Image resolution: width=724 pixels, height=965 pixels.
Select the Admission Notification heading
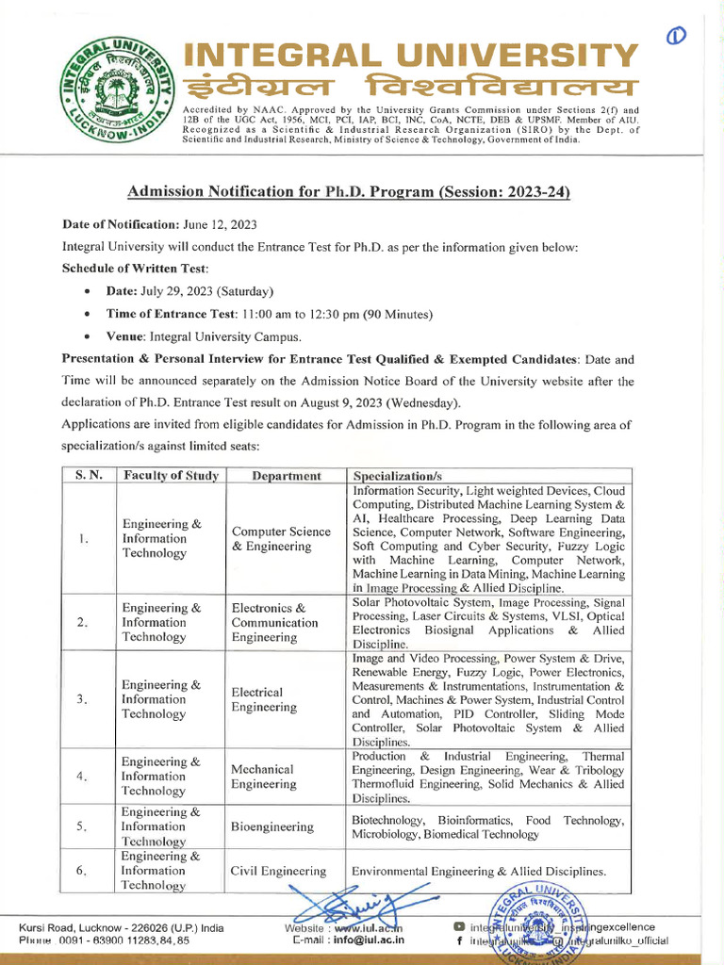coord(349,192)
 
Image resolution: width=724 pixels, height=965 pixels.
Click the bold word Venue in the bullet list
coord(125,336)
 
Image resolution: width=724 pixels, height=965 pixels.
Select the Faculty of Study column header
coord(171,476)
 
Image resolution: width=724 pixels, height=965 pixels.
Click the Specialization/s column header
coord(397,476)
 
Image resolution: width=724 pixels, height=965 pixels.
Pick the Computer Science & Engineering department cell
coord(281,539)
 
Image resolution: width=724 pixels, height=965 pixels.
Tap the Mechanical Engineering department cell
coord(264,777)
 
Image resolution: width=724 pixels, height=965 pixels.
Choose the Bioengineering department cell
coord(271,826)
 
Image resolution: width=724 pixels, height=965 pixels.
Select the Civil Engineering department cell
coord(279,872)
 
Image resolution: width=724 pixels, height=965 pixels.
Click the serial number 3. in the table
coord(83,698)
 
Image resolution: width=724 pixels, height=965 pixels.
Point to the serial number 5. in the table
coord(83,826)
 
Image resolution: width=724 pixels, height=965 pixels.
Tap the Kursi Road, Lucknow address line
coord(122,927)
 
